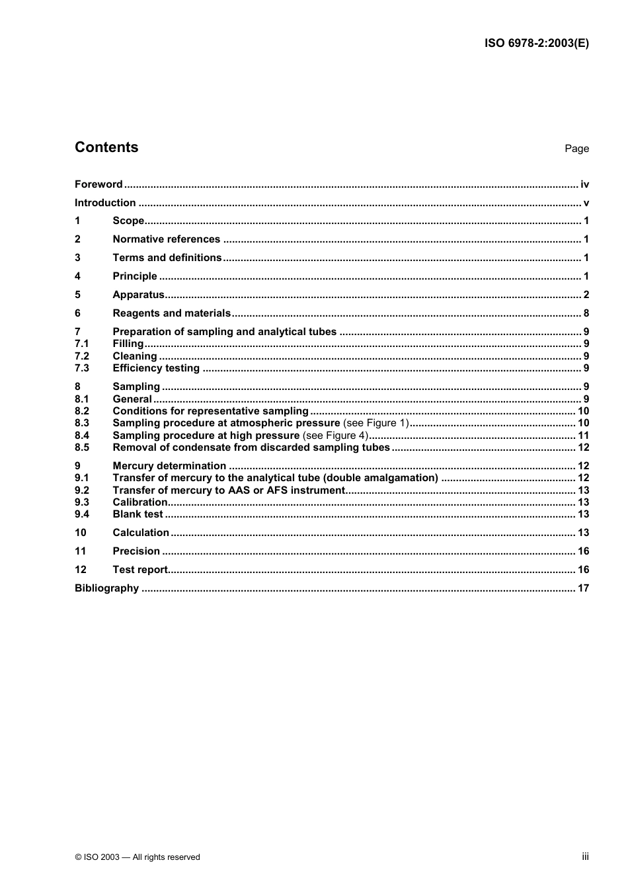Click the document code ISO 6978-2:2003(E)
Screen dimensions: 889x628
536,44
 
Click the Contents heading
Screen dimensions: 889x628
106,147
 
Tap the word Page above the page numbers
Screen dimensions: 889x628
576,149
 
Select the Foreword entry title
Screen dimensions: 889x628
98,184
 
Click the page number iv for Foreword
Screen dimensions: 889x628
584,184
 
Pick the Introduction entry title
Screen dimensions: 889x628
105,203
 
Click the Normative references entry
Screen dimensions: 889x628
166,239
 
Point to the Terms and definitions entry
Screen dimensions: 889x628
167,258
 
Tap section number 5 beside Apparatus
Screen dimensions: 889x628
77,295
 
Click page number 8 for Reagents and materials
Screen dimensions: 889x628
586,313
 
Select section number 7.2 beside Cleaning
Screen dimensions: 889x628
81,356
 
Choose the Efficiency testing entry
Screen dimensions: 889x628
156,368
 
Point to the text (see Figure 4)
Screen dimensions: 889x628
335,436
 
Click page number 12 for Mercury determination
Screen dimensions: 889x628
583,466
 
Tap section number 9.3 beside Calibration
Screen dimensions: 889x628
81,502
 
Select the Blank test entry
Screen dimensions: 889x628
137,514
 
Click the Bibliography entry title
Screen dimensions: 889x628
106,588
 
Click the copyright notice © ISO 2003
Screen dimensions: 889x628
137,857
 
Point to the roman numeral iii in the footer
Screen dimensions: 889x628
585,857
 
